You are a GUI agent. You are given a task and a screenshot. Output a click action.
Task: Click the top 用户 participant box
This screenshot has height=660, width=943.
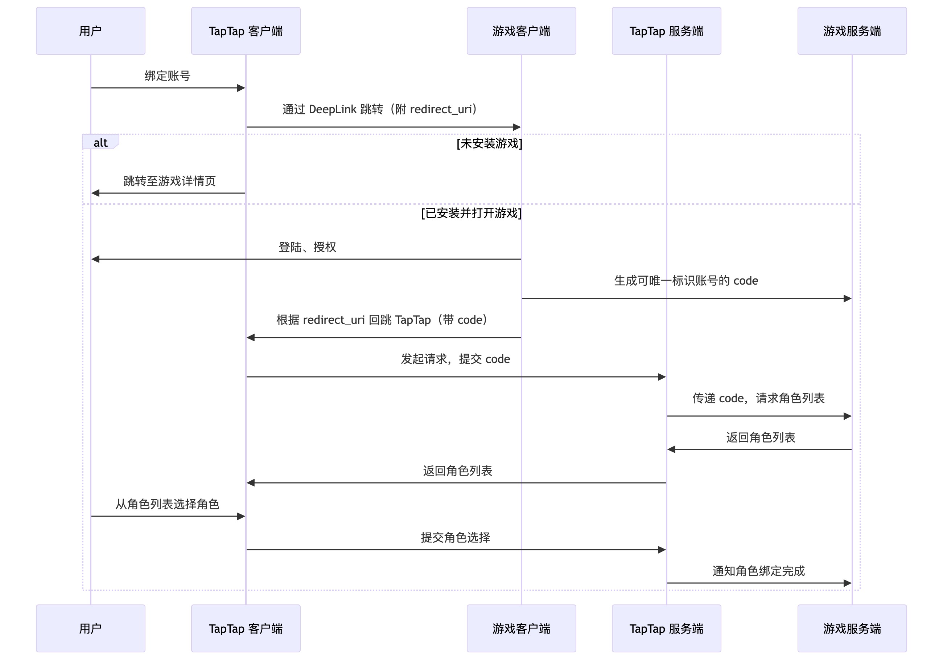[x=90, y=31]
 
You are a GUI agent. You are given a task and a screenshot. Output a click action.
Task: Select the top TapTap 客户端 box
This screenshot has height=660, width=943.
[x=246, y=31]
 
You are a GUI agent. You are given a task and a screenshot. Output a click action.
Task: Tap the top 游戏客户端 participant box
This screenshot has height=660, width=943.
[x=521, y=31]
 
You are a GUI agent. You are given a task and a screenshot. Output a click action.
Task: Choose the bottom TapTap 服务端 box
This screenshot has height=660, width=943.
[x=666, y=628]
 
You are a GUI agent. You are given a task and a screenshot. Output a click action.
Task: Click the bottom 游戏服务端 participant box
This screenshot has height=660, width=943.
[x=852, y=628]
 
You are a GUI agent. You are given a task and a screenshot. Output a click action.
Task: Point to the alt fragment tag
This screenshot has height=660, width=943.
[x=100, y=142]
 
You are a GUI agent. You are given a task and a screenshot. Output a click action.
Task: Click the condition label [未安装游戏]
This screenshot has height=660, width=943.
[x=489, y=143]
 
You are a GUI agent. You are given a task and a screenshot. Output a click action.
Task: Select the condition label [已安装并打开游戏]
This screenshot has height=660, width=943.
[x=471, y=213]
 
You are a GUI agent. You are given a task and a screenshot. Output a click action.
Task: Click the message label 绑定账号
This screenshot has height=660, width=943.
[x=167, y=76]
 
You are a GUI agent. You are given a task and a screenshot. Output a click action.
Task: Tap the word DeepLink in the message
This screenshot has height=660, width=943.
[x=333, y=109]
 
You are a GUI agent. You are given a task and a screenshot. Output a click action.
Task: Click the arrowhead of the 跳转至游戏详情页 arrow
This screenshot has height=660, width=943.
[x=95, y=193]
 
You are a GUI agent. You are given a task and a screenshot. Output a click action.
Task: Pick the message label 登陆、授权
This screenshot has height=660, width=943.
[x=307, y=247]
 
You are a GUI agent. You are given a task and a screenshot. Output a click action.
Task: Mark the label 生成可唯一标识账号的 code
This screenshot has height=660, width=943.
[x=686, y=281]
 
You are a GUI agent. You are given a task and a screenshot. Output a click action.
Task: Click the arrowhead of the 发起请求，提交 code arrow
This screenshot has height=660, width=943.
[x=662, y=377]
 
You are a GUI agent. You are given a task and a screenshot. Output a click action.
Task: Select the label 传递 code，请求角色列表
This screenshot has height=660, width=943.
[x=758, y=398]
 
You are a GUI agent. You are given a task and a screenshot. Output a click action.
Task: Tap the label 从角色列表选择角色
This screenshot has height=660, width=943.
[x=167, y=504]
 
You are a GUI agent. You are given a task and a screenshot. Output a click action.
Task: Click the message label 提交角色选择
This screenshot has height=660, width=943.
[x=456, y=537]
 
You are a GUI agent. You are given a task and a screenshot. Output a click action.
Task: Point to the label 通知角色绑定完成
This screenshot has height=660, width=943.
[x=758, y=571]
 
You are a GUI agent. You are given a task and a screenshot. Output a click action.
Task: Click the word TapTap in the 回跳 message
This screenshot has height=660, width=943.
[x=413, y=320]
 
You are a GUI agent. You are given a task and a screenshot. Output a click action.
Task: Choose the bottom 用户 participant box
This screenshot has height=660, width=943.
[x=90, y=628]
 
